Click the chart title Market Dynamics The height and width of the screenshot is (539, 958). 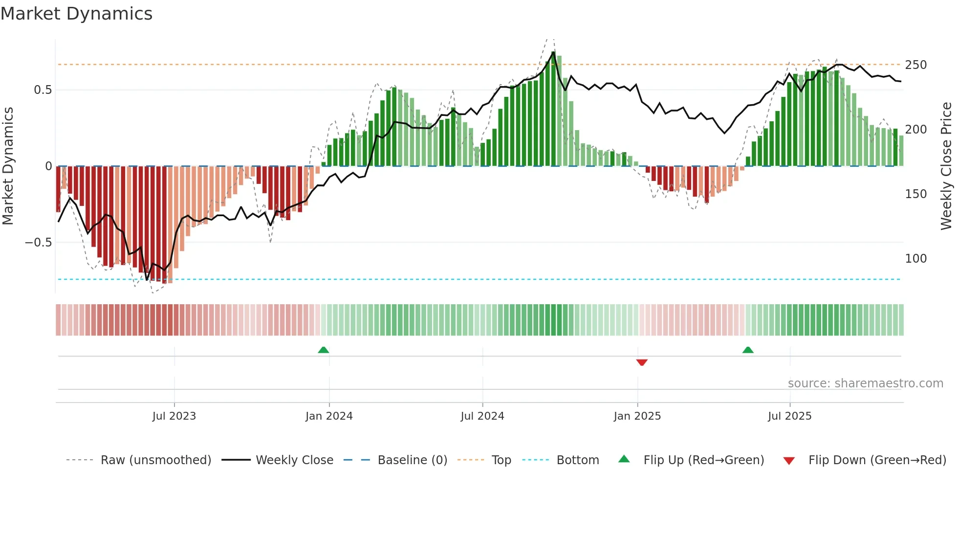pos(76,14)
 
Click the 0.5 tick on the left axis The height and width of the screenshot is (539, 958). pos(43,90)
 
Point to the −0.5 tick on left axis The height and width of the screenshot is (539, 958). pos(38,243)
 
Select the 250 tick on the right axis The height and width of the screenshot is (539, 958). pos(915,65)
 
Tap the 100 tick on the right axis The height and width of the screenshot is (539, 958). pos(915,259)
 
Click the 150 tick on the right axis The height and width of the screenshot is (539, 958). pos(915,194)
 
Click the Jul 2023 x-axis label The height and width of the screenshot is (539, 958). pos(174,416)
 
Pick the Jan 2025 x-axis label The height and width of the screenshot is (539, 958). pos(637,416)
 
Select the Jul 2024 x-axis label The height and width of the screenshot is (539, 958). pos(482,416)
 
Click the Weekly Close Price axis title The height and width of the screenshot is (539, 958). pos(946,166)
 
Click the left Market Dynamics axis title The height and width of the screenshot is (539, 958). pos(8,166)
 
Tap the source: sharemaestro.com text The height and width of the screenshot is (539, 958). pos(865,383)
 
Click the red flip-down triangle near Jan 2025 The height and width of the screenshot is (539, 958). pos(642,362)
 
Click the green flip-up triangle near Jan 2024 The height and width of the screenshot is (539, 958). pos(323,350)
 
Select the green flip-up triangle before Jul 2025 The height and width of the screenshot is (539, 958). pos(748,350)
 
